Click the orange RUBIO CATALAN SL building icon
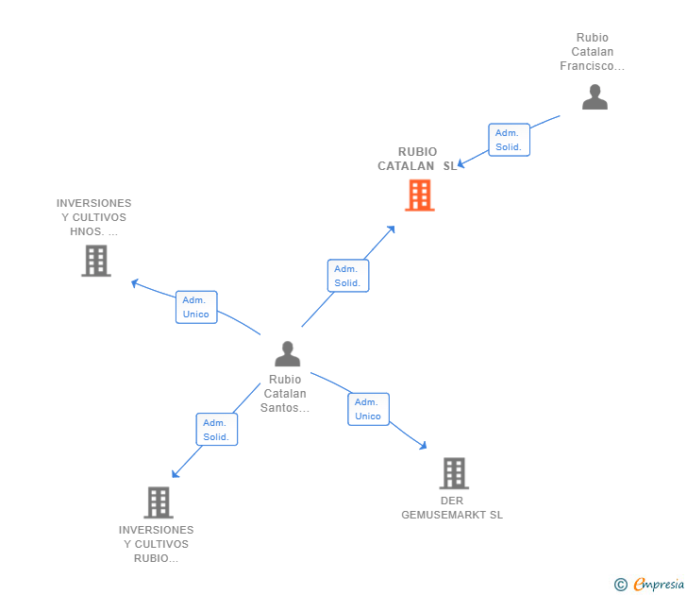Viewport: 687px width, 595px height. (x=419, y=195)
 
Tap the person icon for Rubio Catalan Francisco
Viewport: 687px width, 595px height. (x=595, y=97)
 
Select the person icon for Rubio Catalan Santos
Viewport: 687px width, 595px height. (x=287, y=353)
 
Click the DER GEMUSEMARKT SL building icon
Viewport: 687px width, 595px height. (x=454, y=472)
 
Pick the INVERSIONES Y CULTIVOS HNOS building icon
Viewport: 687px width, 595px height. (x=96, y=260)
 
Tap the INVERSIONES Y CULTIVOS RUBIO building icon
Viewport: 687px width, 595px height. (x=158, y=502)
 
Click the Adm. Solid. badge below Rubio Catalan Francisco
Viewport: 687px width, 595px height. (x=509, y=140)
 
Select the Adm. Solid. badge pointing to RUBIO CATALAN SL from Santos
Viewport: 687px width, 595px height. (x=347, y=276)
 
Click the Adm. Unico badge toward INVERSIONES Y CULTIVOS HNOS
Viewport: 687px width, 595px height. (x=196, y=307)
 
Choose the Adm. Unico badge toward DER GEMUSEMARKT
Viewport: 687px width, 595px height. (x=368, y=409)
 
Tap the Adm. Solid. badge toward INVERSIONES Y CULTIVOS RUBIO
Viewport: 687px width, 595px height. (x=216, y=430)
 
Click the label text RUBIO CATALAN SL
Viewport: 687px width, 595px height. (x=417, y=159)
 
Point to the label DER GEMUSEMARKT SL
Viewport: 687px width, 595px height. (x=452, y=508)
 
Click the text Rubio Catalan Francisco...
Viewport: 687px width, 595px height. (x=593, y=52)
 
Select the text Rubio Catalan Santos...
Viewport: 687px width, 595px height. (x=285, y=394)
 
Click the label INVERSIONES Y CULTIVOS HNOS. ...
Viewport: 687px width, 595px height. (x=94, y=217)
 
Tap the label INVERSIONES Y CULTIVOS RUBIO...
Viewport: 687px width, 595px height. (x=157, y=544)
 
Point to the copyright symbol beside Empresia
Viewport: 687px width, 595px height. (x=620, y=585)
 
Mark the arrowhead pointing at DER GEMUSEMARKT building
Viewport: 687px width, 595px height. (x=424, y=446)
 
